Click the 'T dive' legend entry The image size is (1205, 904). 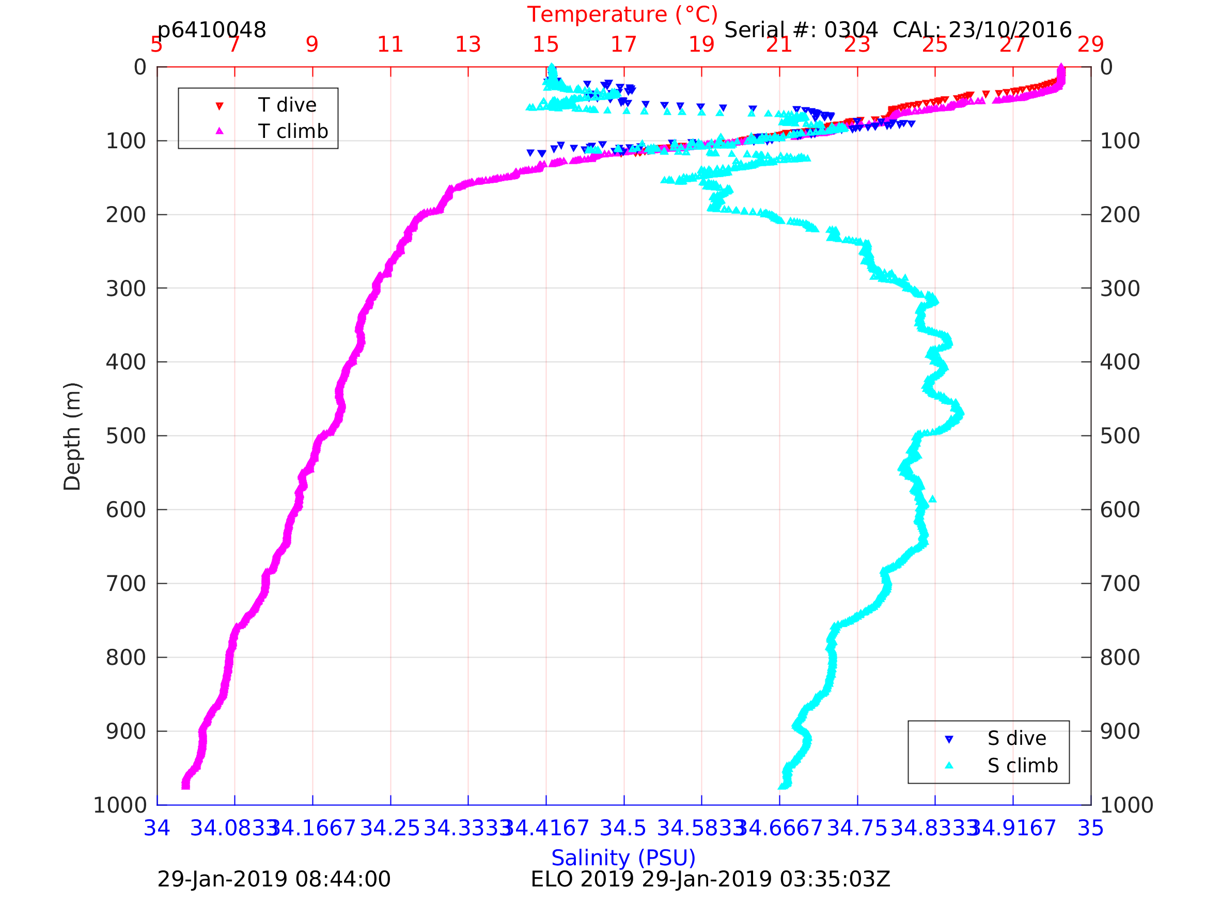point(287,105)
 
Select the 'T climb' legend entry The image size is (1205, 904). point(292,131)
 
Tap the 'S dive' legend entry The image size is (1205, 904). point(1016,738)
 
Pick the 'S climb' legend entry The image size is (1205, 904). point(1023,766)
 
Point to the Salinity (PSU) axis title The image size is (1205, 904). point(623,858)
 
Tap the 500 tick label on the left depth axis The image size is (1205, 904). point(126,436)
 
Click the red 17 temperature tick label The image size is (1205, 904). point(624,44)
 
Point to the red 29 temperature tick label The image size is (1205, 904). point(1091,44)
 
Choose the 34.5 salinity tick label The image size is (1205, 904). point(623,828)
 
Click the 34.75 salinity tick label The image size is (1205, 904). point(857,828)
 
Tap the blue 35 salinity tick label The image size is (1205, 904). point(1091,828)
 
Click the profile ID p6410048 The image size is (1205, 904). point(211,30)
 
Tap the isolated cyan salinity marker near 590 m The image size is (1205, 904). point(933,498)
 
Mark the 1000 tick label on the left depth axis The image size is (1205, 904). point(120,805)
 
